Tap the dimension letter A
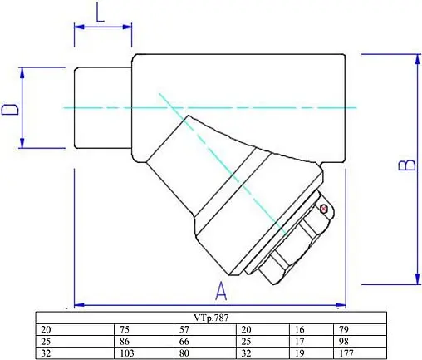[222, 290]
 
